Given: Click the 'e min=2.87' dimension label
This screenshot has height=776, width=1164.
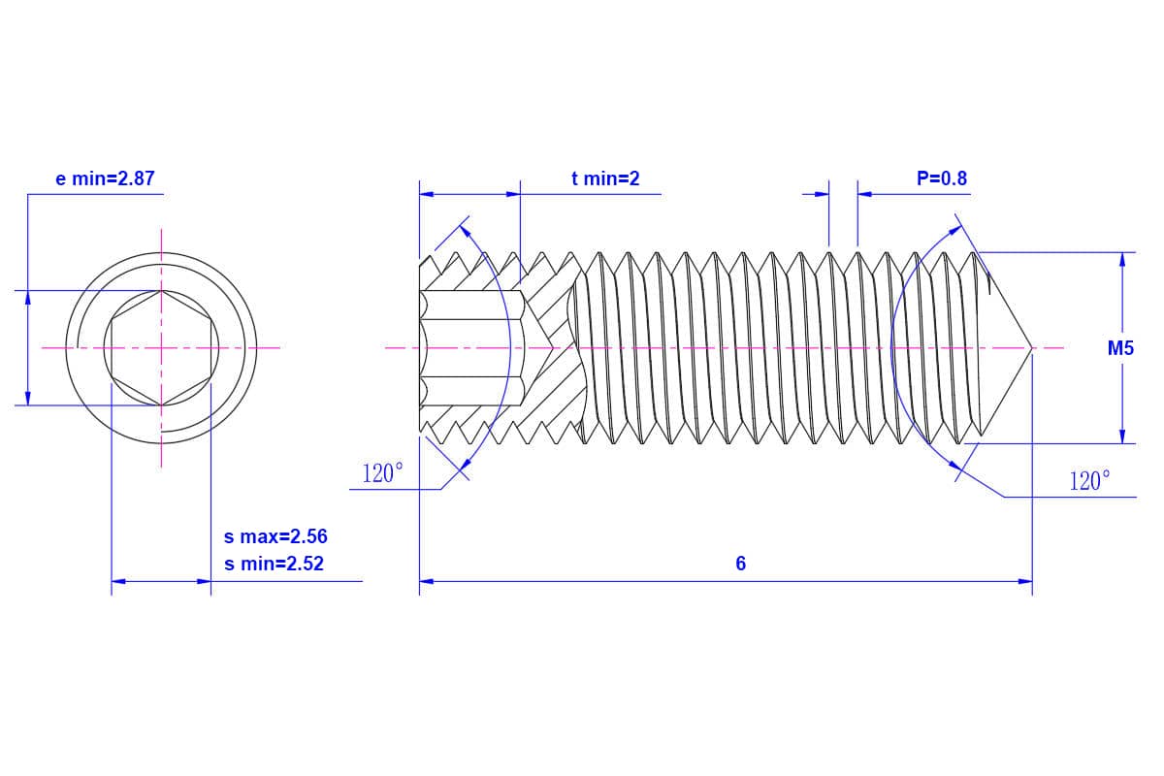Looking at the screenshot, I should point(105,178).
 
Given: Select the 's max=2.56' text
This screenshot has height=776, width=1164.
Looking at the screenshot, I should point(275,536).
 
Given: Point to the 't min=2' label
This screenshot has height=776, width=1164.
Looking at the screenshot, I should point(605,178).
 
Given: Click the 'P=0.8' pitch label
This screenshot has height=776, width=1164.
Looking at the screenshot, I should point(941,178).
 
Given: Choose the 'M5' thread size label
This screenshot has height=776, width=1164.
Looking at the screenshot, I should point(1120,348).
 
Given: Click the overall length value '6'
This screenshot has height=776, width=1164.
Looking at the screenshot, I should point(741,564).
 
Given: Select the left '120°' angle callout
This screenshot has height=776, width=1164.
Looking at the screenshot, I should point(382,474).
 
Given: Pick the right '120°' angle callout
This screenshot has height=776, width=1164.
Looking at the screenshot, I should point(1089,481).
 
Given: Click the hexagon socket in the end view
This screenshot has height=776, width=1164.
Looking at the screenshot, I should point(161,347).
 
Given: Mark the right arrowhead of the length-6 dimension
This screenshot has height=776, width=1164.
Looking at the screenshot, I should point(1025,582).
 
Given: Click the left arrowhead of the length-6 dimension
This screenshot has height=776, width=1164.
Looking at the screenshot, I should point(426,582).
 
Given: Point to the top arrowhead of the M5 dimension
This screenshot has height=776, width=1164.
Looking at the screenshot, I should point(1122,259).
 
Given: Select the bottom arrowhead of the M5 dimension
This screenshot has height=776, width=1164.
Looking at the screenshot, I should point(1122,436).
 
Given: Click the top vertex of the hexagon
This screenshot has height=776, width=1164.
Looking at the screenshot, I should point(161,290).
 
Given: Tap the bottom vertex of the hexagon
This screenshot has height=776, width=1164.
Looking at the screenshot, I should point(161,404).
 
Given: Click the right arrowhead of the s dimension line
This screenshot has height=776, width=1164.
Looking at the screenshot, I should point(204,582).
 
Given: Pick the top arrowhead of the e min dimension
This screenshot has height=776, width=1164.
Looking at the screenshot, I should point(28,297).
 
